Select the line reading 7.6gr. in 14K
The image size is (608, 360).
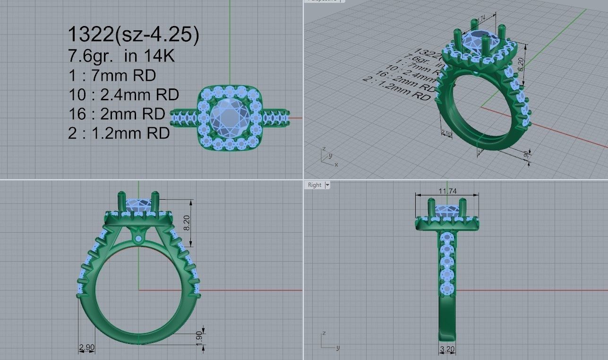[121, 56]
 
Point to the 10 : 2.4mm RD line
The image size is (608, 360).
[123, 95]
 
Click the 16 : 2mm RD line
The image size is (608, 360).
[117, 114]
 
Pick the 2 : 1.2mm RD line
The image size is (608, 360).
[119, 133]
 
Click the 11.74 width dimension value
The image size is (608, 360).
[446, 191]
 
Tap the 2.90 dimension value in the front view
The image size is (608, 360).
[86, 348]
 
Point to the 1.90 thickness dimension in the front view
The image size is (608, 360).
[199, 337]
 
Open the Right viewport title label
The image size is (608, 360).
[314, 185]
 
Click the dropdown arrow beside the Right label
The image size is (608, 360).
[327, 185]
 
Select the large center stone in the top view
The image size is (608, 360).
[229, 118]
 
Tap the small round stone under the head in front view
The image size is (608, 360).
[138, 239]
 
